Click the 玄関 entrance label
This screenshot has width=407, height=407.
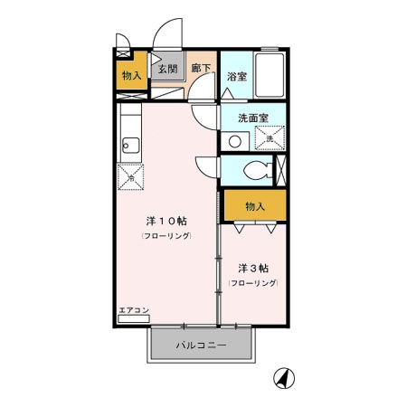166,69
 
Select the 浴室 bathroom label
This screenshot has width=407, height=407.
237,77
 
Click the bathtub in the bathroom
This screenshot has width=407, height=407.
270,74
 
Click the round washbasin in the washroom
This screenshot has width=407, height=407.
235,140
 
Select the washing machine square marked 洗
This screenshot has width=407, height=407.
269,137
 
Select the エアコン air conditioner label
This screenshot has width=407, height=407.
133,312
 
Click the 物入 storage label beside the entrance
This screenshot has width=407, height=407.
132,75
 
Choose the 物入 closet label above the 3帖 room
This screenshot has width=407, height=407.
255,207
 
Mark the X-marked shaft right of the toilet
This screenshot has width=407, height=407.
279,170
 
